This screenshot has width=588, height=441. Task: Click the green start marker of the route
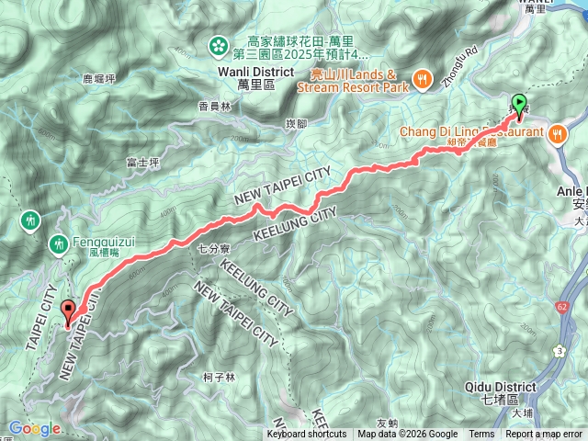pos(519,106)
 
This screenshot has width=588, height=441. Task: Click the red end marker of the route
pos(67,311)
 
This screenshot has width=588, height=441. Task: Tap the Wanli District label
pos(256,72)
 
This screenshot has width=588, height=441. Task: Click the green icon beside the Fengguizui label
pos(58,243)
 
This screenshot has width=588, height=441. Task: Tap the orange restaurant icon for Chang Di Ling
pos(558,134)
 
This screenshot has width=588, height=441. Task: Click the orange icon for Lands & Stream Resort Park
pos(423,79)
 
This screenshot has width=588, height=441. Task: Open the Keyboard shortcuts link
pos(307,435)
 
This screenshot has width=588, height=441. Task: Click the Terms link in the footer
pos(481,435)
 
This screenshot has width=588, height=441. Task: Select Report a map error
pos(543,435)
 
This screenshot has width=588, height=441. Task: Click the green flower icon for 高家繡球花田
pos(219,43)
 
